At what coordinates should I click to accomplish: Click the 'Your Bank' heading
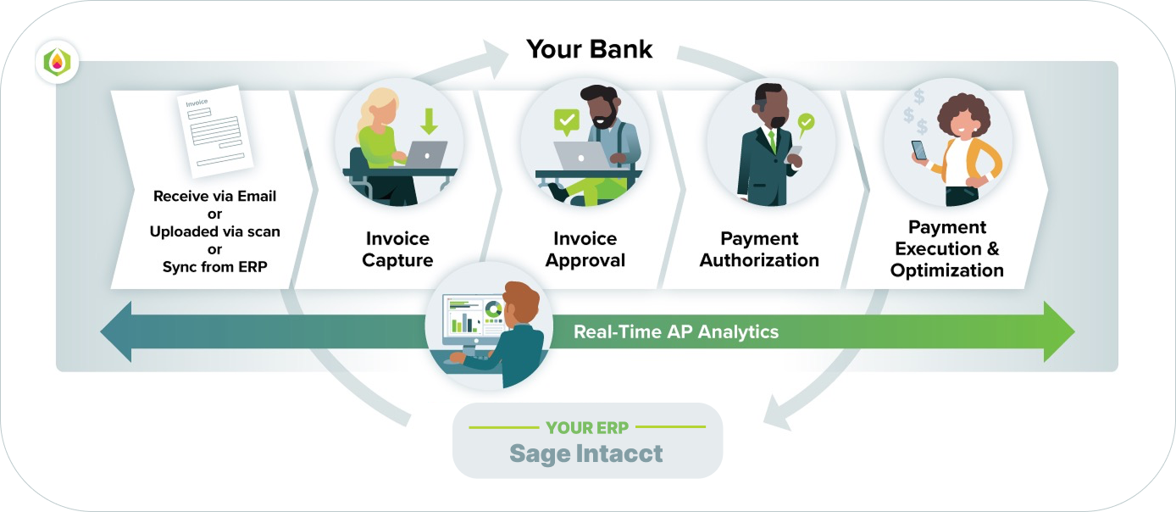(589, 48)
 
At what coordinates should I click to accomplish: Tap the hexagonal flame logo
(58, 62)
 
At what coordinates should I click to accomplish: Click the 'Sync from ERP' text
(214, 266)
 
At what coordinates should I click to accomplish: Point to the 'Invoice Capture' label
(397, 249)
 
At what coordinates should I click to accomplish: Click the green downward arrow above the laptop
(430, 122)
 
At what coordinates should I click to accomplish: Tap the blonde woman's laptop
(425, 154)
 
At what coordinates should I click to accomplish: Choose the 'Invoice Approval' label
(585, 249)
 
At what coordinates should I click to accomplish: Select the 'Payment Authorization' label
(759, 249)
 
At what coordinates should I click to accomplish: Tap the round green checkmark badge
(806, 122)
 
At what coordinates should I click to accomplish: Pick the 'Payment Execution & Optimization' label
(946, 249)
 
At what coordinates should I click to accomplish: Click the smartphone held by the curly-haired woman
(919, 150)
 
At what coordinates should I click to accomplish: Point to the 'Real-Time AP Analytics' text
(675, 331)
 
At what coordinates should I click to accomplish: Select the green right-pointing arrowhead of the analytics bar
(1058, 331)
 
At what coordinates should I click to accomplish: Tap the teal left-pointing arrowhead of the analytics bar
(117, 331)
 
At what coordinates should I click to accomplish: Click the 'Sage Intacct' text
(586, 454)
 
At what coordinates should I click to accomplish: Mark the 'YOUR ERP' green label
(586, 428)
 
